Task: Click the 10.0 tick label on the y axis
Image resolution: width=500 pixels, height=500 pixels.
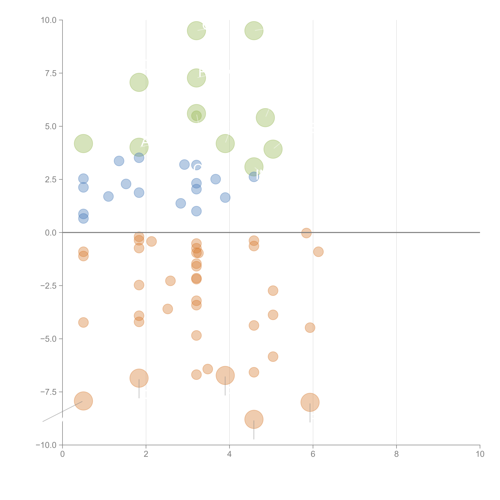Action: click(x=49, y=20)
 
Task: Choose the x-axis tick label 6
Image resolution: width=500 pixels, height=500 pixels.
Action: click(x=313, y=454)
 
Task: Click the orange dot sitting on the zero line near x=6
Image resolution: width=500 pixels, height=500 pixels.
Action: click(x=306, y=233)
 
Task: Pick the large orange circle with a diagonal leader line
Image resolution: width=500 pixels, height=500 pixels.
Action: click(x=83, y=401)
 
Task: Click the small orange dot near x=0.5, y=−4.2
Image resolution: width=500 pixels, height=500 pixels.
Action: click(x=83, y=322)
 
